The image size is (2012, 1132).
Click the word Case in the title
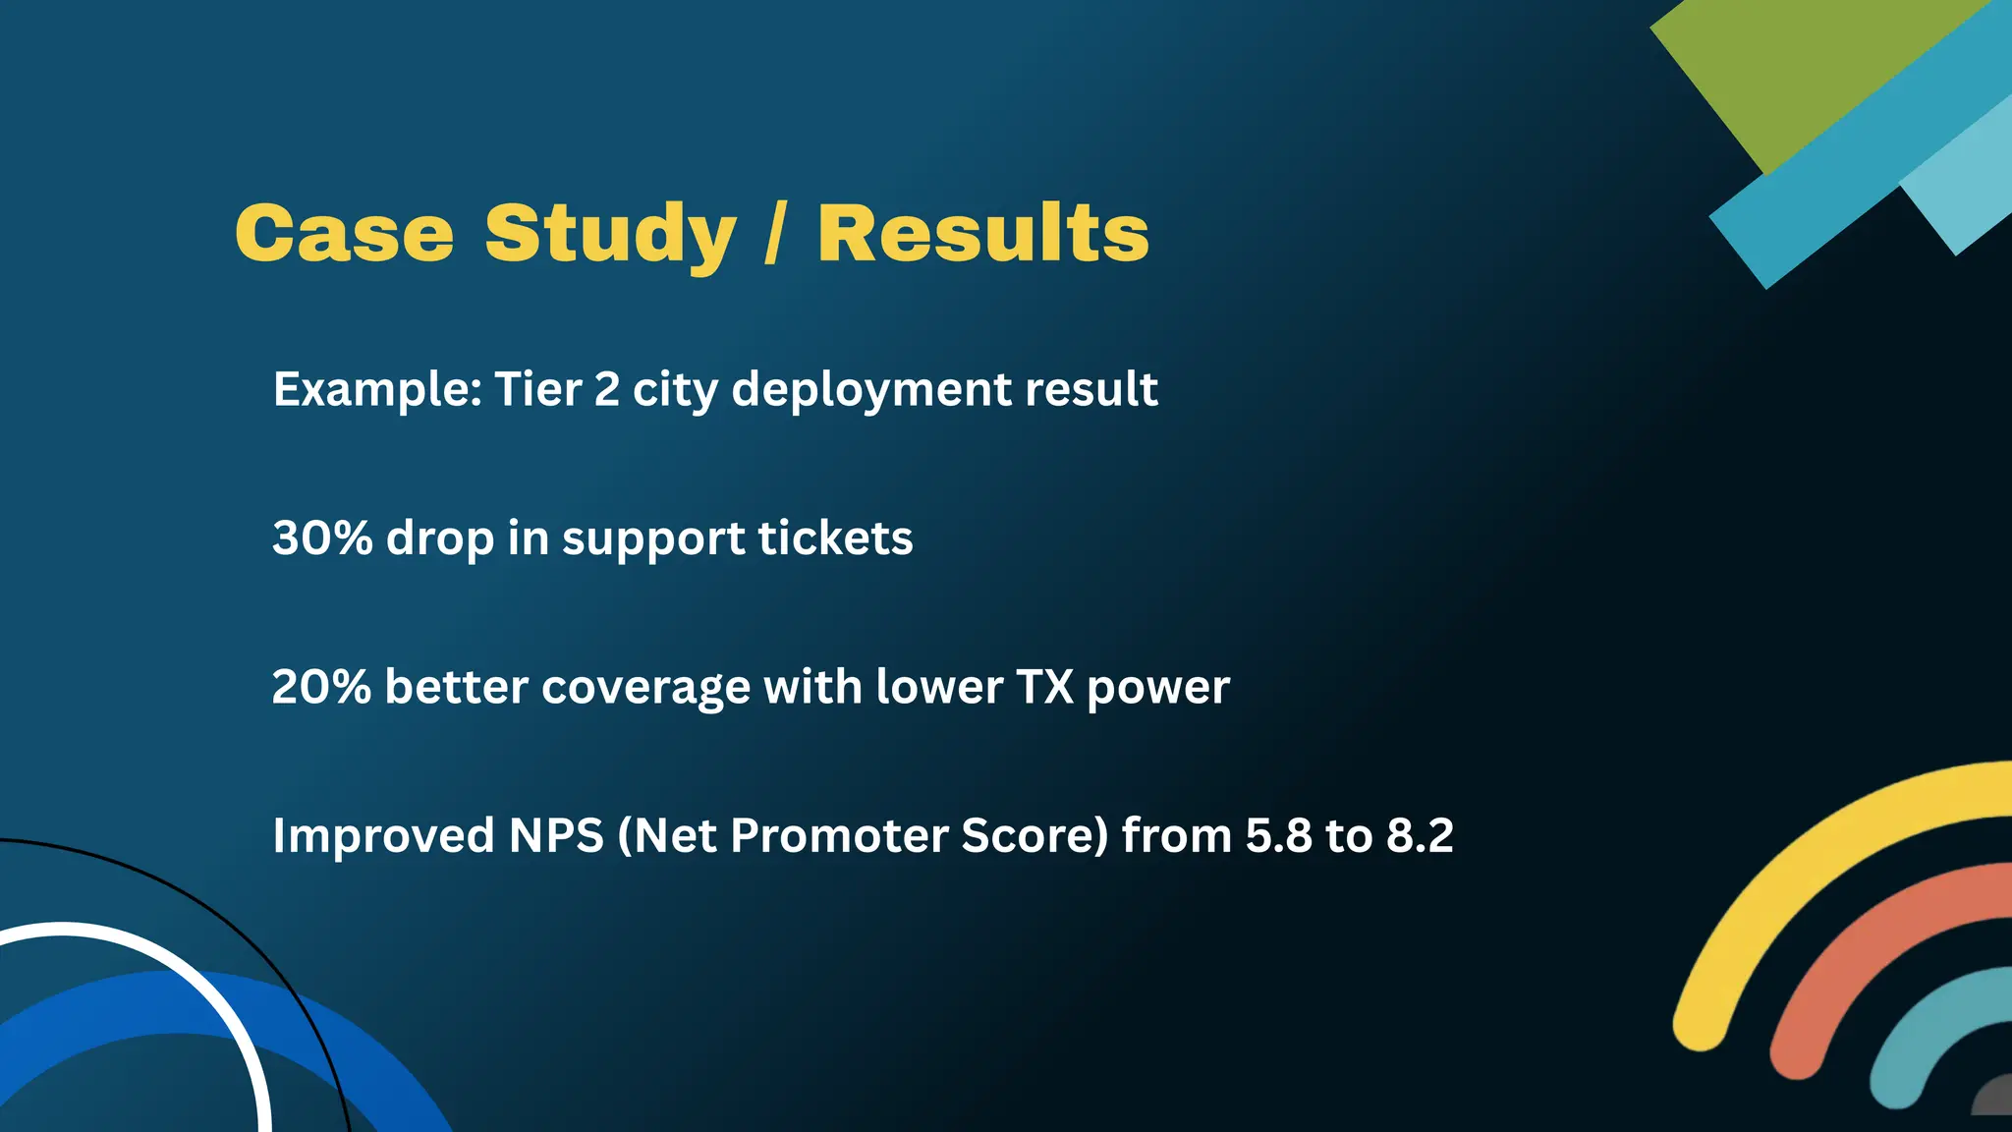[344, 234]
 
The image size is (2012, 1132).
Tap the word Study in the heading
[609, 234]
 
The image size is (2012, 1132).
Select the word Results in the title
[982, 234]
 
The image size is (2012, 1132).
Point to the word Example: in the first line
[376, 389]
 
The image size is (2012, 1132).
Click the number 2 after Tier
[606, 389]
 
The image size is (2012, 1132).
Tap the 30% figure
[321, 538]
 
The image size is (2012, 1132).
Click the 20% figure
[321, 687]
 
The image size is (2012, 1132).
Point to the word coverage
[645, 688]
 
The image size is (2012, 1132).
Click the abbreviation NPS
[555, 836]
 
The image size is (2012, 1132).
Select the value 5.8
[1278, 836]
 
